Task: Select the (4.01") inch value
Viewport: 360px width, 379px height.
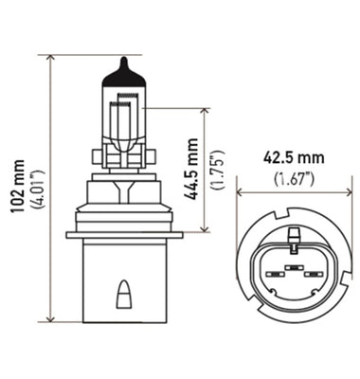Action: (x=35, y=188)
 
